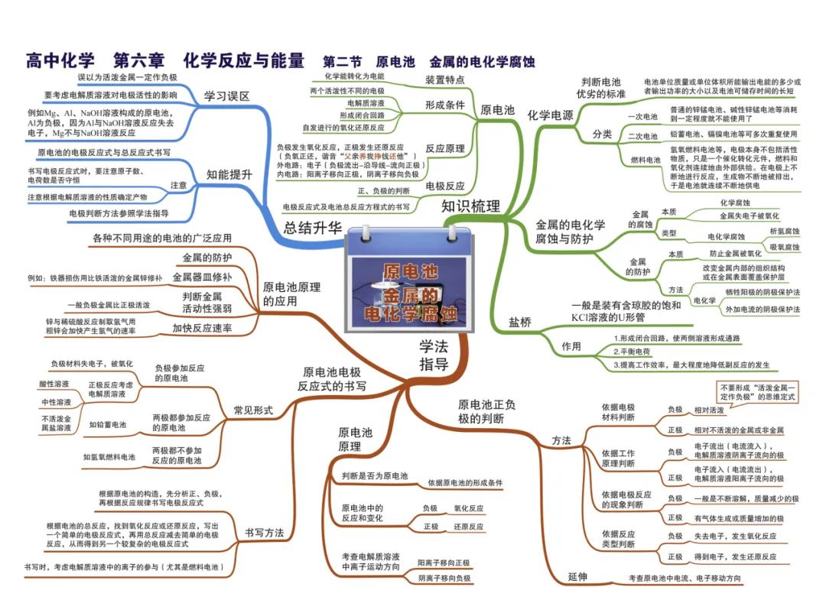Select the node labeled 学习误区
tap(226, 96)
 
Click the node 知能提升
tap(229, 174)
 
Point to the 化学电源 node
tap(550, 115)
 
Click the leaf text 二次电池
tap(643, 135)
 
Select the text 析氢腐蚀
tap(785, 230)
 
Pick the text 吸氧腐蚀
tap(785, 247)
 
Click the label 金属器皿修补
tap(202, 276)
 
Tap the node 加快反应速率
tap(202, 328)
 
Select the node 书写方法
tap(264, 532)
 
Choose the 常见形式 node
tap(253, 410)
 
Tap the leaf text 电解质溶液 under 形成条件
tap(366, 102)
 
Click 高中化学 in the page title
tap(61, 60)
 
